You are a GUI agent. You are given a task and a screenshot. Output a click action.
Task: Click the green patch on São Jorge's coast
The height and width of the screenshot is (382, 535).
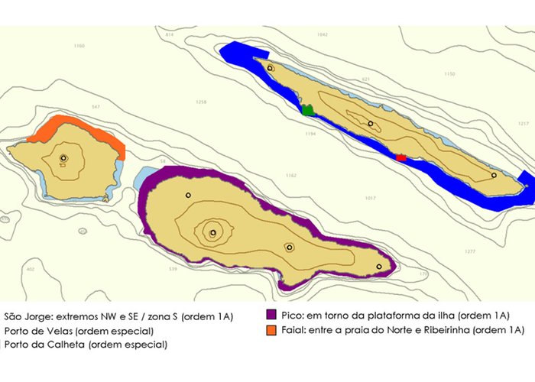click(x=308, y=110)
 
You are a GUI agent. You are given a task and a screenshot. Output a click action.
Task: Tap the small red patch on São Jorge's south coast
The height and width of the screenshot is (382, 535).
click(x=400, y=157)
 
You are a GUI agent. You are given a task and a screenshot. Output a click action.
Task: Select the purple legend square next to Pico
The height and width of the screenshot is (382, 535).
click(x=271, y=315)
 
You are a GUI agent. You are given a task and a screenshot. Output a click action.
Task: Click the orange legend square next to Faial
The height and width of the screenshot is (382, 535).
click(x=271, y=330)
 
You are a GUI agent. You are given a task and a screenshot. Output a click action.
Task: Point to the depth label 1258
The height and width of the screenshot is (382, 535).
click(x=201, y=102)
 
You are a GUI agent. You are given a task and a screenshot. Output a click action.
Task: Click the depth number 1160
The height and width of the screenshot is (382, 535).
click(x=79, y=47)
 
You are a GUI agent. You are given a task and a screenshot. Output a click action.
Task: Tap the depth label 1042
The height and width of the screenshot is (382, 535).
click(x=322, y=35)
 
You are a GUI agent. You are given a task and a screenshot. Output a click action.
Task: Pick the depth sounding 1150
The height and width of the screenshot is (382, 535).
click(x=449, y=74)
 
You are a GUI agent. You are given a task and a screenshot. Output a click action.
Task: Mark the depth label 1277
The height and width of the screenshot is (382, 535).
click(x=469, y=251)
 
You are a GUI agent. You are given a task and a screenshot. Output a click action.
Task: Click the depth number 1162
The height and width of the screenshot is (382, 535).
click(x=290, y=176)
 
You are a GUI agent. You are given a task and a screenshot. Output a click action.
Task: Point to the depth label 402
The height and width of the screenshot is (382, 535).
click(x=31, y=269)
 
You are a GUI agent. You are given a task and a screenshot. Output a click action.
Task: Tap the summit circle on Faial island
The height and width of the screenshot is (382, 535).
click(x=63, y=159)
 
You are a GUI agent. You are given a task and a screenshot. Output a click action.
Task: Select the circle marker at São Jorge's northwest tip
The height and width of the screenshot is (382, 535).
click(x=270, y=68)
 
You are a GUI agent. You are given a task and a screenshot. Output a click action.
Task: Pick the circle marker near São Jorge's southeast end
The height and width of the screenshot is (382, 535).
click(x=494, y=175)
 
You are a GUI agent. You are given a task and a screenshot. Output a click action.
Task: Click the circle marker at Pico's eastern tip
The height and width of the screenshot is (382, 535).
click(x=379, y=267)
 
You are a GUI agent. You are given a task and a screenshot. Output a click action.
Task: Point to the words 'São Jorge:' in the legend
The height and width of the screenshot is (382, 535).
click(x=25, y=316)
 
